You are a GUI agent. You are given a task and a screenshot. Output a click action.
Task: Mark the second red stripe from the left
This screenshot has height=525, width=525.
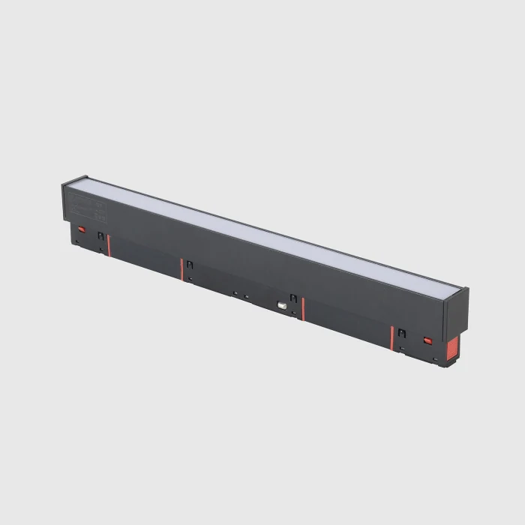click(x=181, y=269)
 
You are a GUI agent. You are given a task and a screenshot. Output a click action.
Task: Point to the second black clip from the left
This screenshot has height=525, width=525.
click(x=190, y=264)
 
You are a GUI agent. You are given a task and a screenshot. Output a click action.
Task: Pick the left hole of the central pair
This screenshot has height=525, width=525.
click(x=235, y=292)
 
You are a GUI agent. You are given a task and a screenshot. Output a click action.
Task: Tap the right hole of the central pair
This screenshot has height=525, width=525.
click(x=245, y=295)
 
